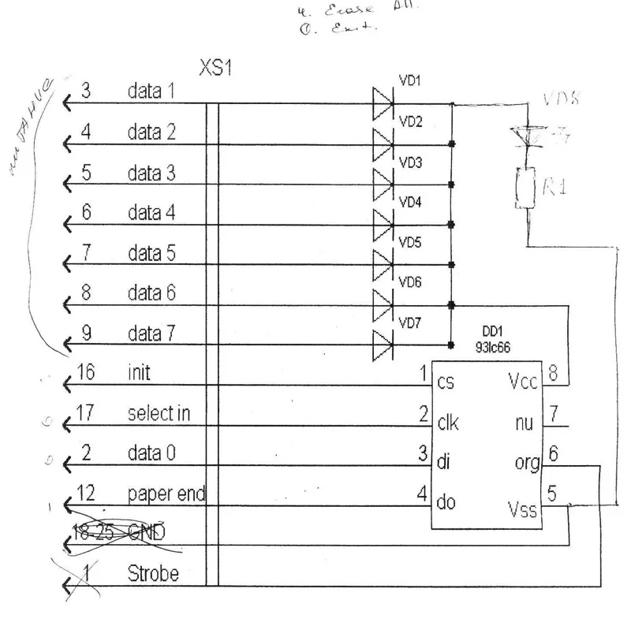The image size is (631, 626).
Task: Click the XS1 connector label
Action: click(x=215, y=69)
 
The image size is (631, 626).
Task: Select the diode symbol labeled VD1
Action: click(x=383, y=102)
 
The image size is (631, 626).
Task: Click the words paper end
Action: click(x=166, y=494)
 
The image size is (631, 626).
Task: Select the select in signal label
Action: click(x=159, y=412)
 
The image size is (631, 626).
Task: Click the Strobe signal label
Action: click(x=152, y=574)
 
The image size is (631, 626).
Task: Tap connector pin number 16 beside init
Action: click(x=86, y=371)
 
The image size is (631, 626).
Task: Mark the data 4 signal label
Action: click(x=151, y=212)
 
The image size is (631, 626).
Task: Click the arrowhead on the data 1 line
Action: click(x=67, y=102)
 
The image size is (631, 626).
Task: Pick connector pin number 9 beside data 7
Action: click(x=86, y=334)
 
